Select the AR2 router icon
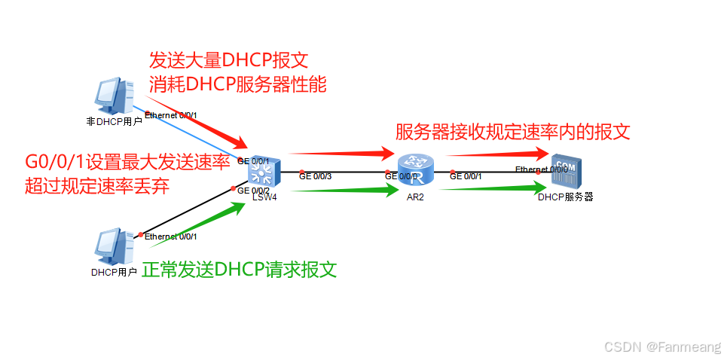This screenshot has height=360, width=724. pyautogui.click(x=414, y=169)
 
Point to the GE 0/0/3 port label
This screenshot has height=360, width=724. pyautogui.click(x=315, y=177)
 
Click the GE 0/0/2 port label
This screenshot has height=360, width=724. pyautogui.click(x=253, y=191)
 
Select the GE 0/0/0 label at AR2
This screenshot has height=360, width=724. pyautogui.click(x=401, y=177)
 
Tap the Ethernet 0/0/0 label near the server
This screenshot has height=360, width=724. pyautogui.click(x=541, y=169)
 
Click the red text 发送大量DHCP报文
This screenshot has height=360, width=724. pyautogui.click(x=229, y=60)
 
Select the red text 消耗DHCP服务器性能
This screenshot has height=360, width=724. pyautogui.click(x=238, y=84)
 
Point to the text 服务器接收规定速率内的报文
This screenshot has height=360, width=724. pyautogui.click(x=512, y=133)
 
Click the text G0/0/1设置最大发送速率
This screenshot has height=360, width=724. pyautogui.click(x=127, y=162)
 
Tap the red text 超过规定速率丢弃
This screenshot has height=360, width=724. pyautogui.click(x=96, y=186)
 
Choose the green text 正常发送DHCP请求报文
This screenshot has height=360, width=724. pyautogui.click(x=239, y=269)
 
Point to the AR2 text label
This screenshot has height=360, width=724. pyautogui.click(x=415, y=196)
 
